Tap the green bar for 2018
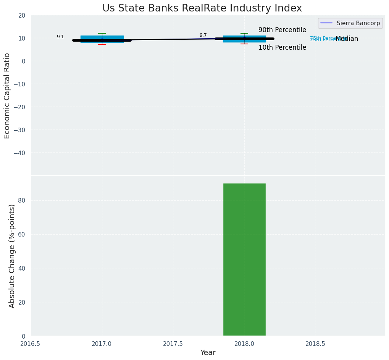click(244, 259)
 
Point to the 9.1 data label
click(60, 37)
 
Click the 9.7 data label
click(203, 36)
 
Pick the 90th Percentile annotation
click(282, 30)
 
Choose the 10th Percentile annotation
click(282, 48)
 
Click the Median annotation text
click(347, 39)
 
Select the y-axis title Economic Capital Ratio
click(7, 96)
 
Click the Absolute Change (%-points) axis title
click(12, 256)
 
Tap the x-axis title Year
click(208, 353)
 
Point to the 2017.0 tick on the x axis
click(102, 344)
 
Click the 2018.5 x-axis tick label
click(316, 344)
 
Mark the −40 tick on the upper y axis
click(20, 153)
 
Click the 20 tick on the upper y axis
click(22, 15)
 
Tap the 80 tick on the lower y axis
click(22, 200)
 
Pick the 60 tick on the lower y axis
click(22, 234)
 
